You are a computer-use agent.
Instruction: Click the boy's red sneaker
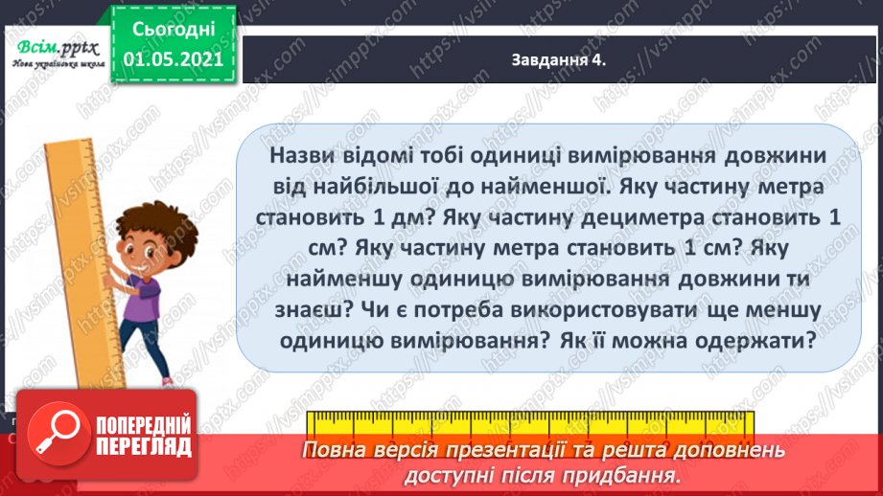coord(167,382)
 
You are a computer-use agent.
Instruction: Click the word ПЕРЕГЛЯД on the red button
coord(143,447)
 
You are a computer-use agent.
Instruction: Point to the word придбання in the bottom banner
coord(633,475)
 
